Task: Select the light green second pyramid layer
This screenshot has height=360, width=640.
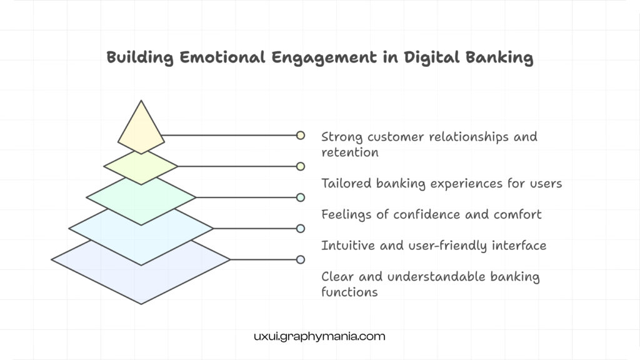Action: pos(141,167)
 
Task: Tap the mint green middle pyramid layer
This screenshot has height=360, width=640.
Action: pos(141,198)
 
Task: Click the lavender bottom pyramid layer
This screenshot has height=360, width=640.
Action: pos(141,275)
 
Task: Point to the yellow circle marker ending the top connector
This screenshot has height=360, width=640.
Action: pos(301,135)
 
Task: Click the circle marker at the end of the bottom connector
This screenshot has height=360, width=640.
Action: pos(301,259)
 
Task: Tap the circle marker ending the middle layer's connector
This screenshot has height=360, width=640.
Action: pos(301,197)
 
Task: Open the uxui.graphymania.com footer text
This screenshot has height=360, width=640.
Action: pos(319,336)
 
